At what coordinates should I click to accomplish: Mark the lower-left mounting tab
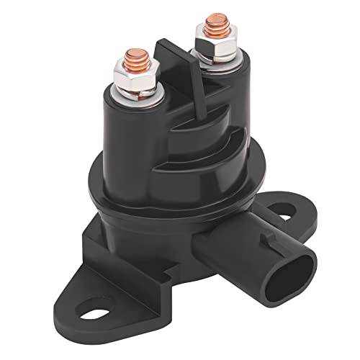(108, 302)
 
